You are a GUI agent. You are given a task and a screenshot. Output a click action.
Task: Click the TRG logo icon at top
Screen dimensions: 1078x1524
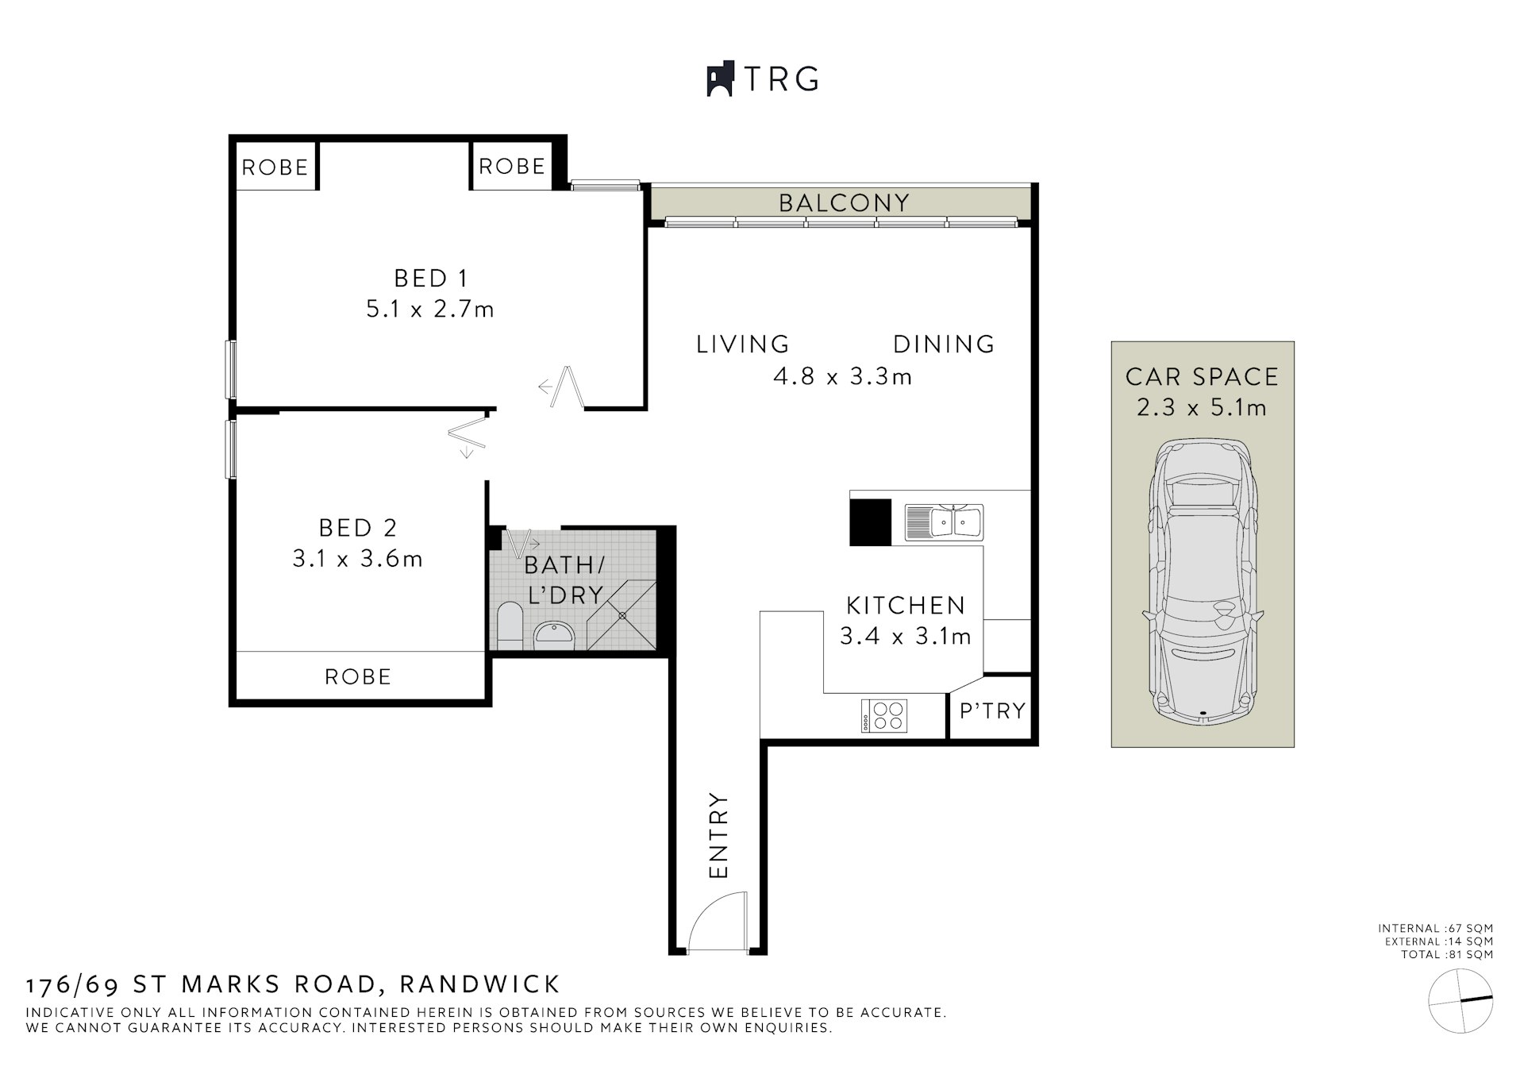pyautogui.click(x=719, y=79)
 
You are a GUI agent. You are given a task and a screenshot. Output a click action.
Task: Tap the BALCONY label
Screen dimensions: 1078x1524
pyautogui.click(x=844, y=203)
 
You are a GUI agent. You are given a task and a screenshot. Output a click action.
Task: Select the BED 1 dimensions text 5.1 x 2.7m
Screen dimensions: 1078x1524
pyautogui.click(x=429, y=309)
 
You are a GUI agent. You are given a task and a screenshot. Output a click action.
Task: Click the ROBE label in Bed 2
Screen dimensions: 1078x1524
pyautogui.click(x=358, y=677)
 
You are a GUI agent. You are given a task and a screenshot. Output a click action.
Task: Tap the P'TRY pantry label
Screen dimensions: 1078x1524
pyautogui.click(x=992, y=711)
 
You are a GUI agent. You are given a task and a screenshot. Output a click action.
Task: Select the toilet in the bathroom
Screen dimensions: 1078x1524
pyautogui.click(x=510, y=624)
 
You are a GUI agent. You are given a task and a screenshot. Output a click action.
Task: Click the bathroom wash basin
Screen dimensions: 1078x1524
pyautogui.click(x=554, y=633)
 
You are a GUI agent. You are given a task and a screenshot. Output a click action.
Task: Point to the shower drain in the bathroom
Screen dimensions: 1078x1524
pyautogui.click(x=622, y=615)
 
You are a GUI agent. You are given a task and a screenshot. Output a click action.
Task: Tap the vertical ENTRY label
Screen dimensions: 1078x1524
pyautogui.click(x=718, y=835)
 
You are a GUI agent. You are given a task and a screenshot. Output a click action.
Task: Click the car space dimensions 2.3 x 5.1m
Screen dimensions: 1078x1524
pyautogui.click(x=1202, y=408)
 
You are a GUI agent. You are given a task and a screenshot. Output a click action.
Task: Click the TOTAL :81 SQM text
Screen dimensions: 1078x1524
pyautogui.click(x=1446, y=954)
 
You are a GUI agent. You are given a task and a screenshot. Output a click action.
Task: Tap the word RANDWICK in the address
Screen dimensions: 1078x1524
pyautogui.click(x=479, y=984)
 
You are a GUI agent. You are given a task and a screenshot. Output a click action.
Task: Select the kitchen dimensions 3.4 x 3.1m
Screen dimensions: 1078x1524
pyautogui.click(x=905, y=637)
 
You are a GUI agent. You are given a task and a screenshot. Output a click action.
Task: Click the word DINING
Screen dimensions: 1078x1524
pyautogui.click(x=944, y=345)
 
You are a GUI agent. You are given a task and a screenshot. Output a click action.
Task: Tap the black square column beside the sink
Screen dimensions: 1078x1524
pyautogui.click(x=870, y=522)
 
